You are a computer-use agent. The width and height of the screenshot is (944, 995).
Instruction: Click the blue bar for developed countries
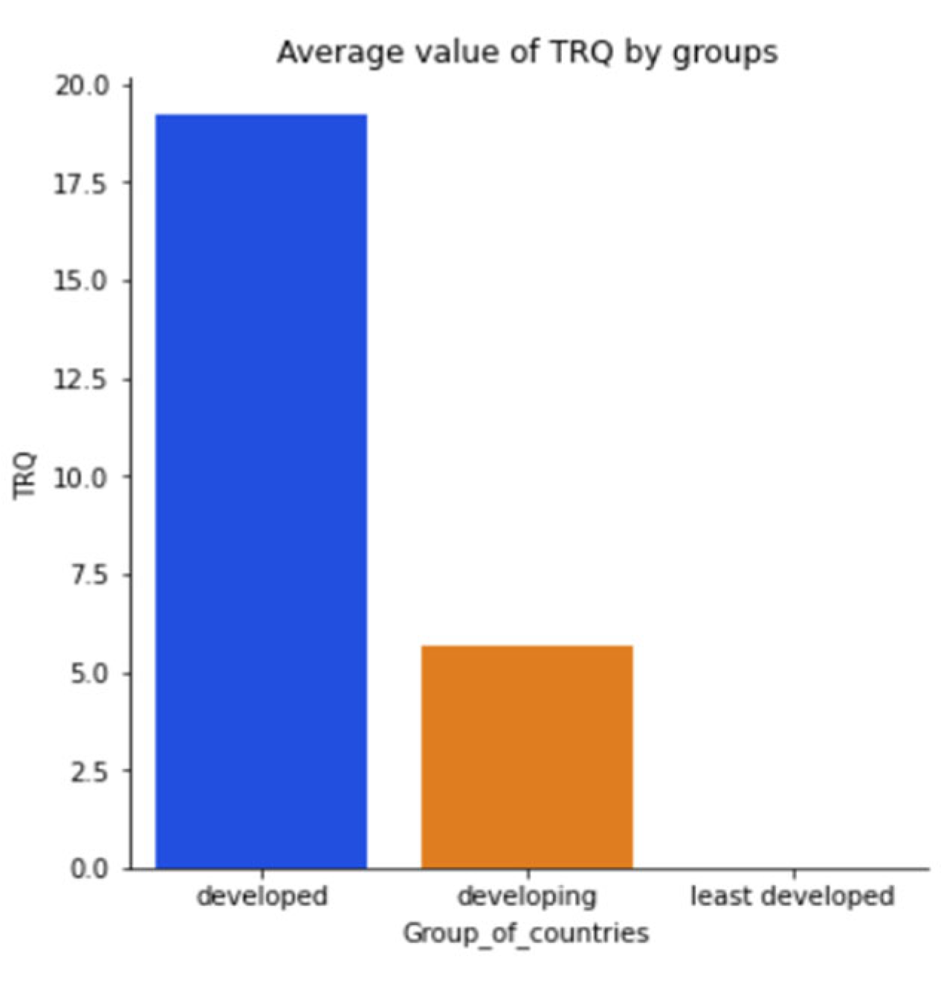pyautogui.click(x=261, y=490)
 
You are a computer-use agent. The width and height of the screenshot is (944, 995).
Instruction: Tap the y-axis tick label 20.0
pyautogui.click(x=82, y=86)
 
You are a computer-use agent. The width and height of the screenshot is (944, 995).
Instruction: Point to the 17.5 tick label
pyautogui.click(x=82, y=184)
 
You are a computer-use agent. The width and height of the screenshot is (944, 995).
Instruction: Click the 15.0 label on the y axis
pyautogui.click(x=82, y=282)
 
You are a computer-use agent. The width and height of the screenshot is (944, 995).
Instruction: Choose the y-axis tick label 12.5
pyautogui.click(x=82, y=380)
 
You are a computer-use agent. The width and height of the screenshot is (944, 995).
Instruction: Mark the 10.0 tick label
pyautogui.click(x=82, y=478)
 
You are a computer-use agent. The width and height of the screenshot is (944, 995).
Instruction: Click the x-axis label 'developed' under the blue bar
pyautogui.click(x=262, y=896)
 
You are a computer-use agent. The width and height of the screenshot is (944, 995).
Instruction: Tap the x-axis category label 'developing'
pyautogui.click(x=527, y=896)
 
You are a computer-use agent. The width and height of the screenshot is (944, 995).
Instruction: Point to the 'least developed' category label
pyautogui.click(x=792, y=896)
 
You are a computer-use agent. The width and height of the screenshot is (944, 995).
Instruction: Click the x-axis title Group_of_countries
pyautogui.click(x=526, y=933)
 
